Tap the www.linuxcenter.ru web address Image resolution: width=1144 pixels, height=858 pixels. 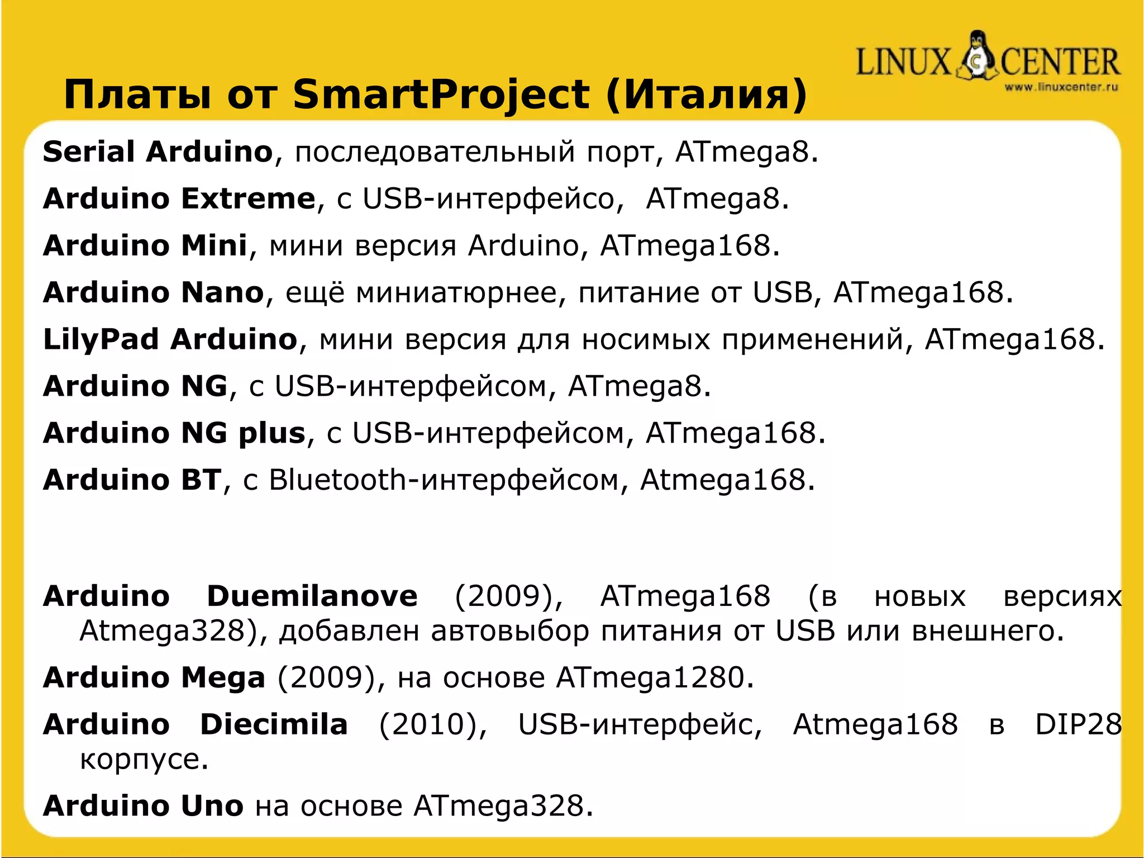1061,87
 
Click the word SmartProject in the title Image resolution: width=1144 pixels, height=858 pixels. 441,94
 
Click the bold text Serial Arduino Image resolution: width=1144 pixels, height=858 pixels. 158,151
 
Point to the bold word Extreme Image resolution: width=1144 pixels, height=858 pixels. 248,198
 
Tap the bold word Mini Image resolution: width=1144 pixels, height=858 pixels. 214,245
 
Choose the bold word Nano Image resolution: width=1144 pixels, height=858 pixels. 222,292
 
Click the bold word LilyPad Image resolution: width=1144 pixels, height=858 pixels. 101,340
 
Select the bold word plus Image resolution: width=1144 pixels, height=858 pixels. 272,433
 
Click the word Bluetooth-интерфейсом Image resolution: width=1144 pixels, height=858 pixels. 444,480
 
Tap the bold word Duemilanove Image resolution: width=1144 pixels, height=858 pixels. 312,596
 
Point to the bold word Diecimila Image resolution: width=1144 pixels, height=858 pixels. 274,725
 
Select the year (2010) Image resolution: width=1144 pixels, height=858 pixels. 433,725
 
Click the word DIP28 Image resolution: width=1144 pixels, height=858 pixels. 1078,725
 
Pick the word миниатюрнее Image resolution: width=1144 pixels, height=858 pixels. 456,292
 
